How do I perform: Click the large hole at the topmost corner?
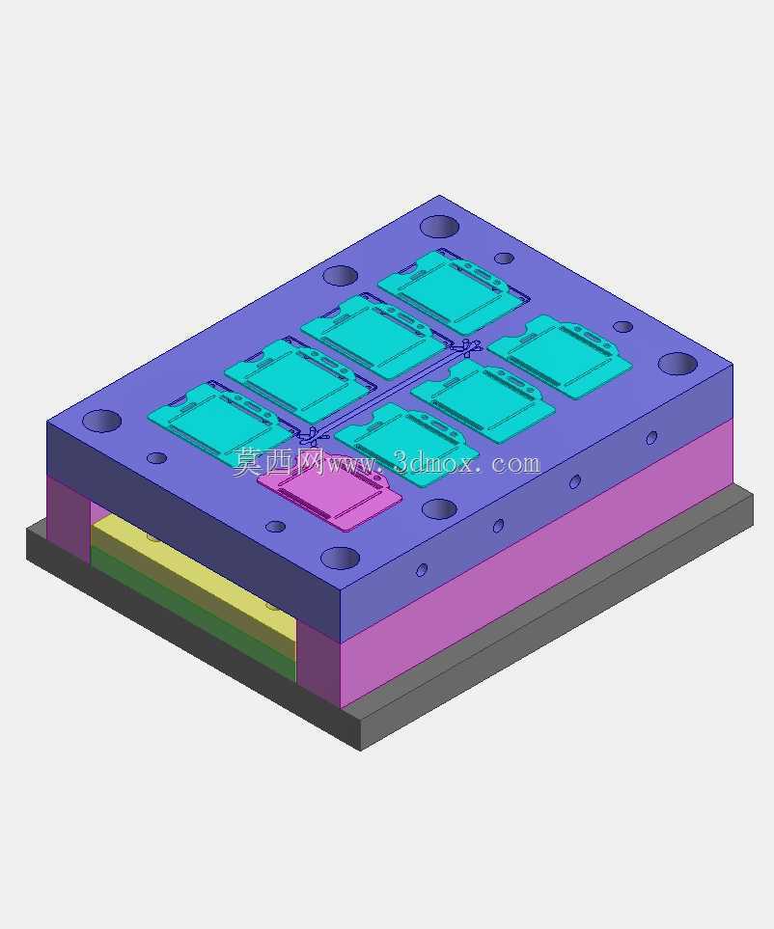click(x=439, y=226)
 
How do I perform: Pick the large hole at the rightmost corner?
click(x=677, y=363)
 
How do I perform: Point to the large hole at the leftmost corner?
click(x=101, y=421)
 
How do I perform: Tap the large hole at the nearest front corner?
click(x=340, y=559)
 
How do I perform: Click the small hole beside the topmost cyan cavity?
click(x=504, y=259)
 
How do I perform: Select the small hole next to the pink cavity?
click(x=275, y=526)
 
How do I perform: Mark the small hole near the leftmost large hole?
click(x=156, y=458)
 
